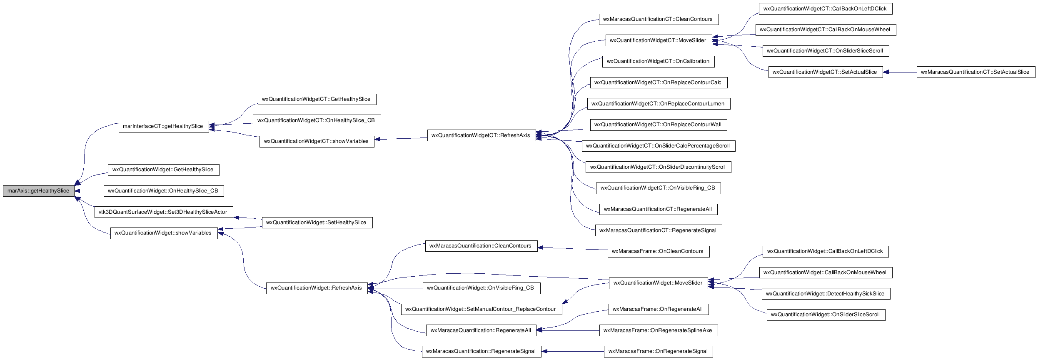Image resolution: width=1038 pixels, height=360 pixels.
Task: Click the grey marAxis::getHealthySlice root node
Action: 38,191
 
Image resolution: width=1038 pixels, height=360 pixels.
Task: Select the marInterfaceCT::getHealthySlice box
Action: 164,126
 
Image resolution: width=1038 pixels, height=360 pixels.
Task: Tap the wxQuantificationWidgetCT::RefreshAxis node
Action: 482,135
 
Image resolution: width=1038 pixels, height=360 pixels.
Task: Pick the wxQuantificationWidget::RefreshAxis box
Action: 317,288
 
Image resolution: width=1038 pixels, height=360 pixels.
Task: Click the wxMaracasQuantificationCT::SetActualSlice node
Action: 976,72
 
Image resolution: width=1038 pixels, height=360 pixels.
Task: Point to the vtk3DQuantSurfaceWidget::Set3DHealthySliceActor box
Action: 164,212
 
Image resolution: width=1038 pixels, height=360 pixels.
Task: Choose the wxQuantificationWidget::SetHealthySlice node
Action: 317,222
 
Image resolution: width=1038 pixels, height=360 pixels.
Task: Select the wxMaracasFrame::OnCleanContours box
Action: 659,251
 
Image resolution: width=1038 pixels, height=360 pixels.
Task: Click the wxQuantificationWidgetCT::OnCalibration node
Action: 659,61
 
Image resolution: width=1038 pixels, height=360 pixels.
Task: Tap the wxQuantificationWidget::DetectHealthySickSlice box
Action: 826,294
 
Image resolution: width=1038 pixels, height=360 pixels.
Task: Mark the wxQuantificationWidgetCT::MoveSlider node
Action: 659,40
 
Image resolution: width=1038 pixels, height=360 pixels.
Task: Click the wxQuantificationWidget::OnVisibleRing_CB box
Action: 482,288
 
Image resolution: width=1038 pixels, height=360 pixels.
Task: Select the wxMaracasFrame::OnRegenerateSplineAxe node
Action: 659,330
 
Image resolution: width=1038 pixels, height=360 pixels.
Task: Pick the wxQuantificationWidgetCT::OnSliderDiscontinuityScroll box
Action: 659,167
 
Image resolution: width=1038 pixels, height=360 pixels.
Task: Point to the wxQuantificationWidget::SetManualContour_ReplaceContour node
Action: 482,309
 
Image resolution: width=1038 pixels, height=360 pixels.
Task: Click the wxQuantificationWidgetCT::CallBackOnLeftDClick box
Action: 826,9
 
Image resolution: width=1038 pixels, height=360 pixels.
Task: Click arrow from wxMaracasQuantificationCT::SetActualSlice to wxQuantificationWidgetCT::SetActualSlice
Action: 900,72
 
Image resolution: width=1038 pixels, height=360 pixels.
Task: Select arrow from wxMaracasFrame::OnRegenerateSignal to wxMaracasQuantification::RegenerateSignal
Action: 573,351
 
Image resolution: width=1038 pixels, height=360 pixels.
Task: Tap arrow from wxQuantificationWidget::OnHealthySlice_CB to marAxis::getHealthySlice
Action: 89,191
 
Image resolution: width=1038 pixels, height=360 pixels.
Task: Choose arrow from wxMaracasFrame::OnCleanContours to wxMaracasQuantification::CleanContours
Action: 573,249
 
